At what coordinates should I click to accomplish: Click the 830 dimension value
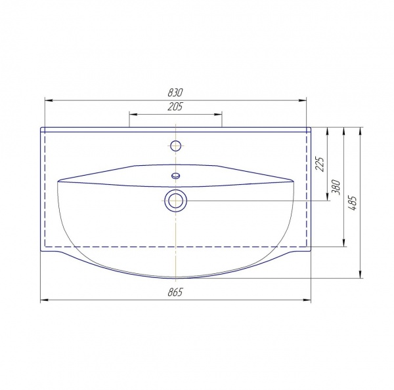click(x=175, y=92)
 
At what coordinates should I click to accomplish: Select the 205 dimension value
click(x=175, y=107)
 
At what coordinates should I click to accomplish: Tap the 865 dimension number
click(x=175, y=292)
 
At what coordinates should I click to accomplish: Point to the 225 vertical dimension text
click(x=320, y=164)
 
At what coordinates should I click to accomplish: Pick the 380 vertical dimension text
click(x=336, y=187)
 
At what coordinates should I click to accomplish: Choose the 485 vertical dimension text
click(x=352, y=203)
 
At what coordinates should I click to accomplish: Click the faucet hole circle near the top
click(x=175, y=146)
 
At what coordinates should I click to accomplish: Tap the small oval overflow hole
click(x=175, y=175)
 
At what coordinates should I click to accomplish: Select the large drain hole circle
click(x=175, y=201)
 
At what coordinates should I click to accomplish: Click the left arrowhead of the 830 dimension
click(x=49, y=100)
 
